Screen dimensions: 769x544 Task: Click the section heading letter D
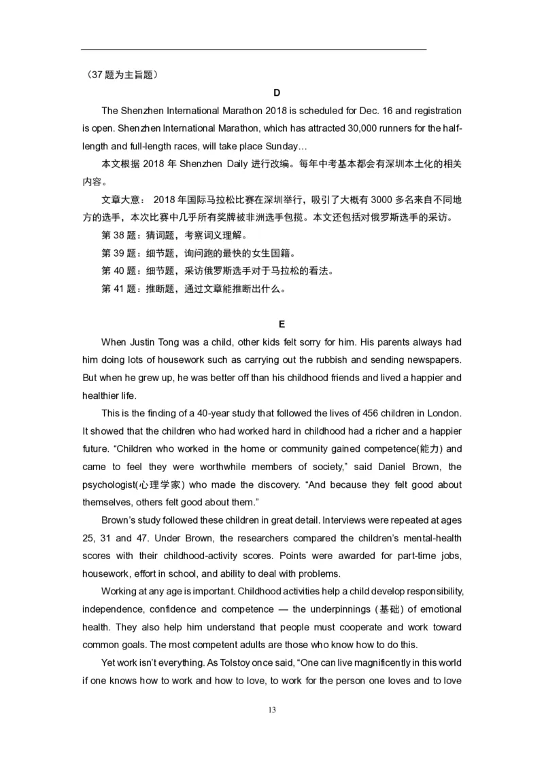[276, 92]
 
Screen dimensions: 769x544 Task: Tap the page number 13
[272, 711]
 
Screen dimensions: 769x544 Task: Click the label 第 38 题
[120, 236]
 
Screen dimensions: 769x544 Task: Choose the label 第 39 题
[120, 253]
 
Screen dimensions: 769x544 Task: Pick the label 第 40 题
[120, 271]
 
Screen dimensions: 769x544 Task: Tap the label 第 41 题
[120, 289]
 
